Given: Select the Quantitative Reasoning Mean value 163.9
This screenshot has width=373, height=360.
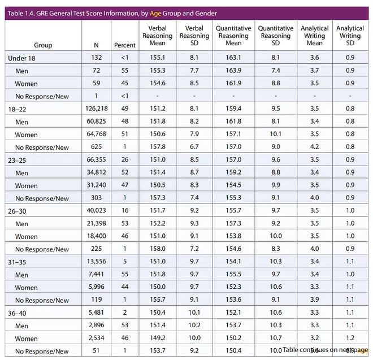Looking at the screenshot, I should click(229, 71).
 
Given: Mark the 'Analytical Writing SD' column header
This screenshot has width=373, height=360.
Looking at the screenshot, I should click(350, 36).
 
